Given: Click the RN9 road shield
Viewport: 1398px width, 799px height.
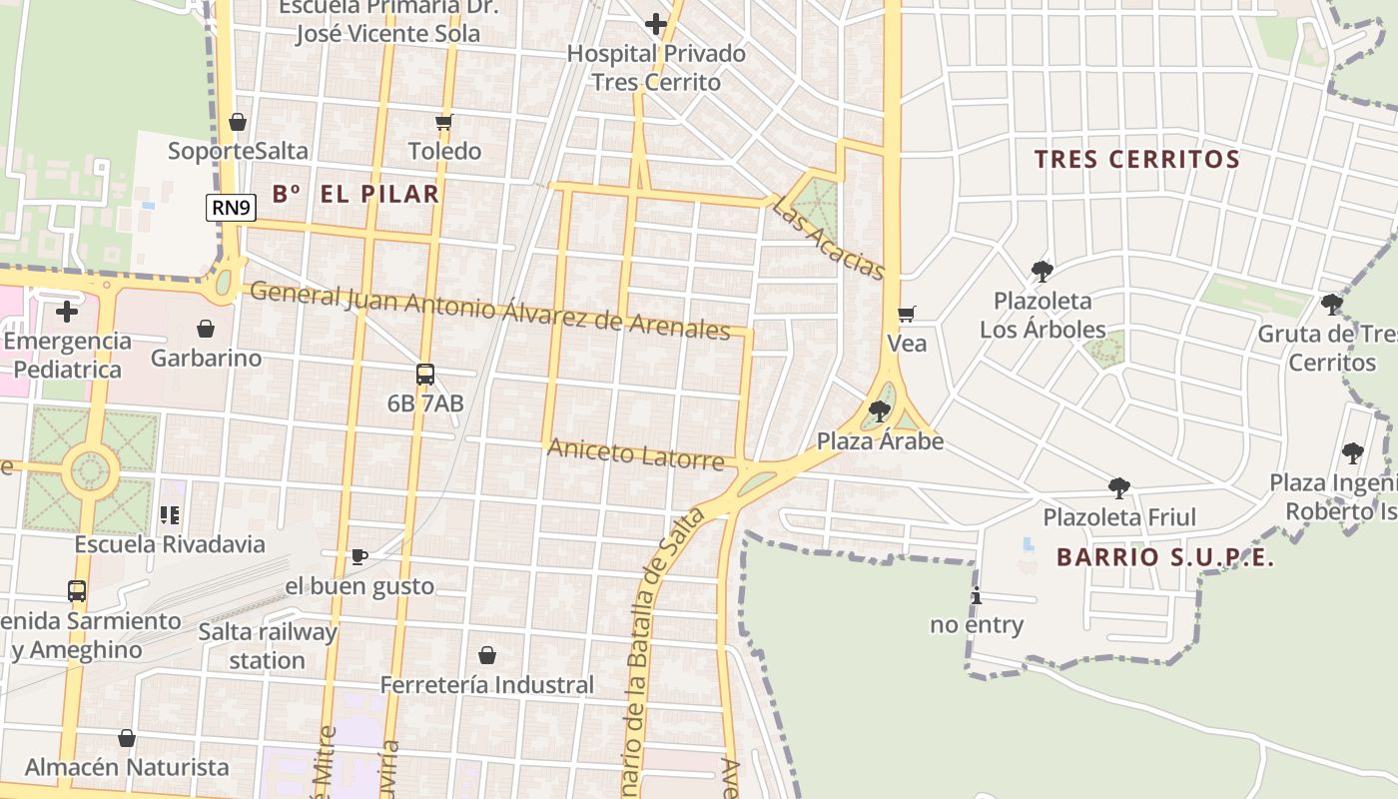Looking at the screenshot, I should (232, 208).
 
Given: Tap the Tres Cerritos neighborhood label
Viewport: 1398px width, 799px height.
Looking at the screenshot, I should (1136, 159).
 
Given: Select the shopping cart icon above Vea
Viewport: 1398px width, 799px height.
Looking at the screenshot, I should (907, 315).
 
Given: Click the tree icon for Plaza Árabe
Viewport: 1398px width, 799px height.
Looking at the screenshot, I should (880, 410).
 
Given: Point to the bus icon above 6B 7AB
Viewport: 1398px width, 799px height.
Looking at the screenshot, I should (425, 375).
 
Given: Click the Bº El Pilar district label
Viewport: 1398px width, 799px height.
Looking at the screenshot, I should (355, 194).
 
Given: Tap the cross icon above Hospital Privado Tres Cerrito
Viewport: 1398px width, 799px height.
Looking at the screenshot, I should (656, 24).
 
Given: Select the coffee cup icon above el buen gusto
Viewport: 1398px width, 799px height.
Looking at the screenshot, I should (359, 556).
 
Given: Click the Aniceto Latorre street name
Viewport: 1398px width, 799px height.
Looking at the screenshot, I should (635, 454).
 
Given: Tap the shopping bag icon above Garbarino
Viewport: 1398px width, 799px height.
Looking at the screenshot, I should (206, 329).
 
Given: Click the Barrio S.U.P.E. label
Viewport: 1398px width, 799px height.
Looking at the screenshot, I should (1165, 557).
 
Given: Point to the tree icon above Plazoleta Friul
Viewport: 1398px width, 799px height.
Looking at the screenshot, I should (1119, 488).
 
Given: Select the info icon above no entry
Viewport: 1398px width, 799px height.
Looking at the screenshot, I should (977, 596).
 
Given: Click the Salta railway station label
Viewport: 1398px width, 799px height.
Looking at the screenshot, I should (268, 645).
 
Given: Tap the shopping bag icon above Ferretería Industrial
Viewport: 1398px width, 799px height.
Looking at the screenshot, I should (487, 655).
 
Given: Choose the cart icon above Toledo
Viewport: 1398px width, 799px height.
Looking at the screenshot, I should (444, 122).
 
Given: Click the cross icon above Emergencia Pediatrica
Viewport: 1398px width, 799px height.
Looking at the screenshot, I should (67, 312).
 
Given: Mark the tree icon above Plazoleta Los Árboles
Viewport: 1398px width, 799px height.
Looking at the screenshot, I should (1043, 271).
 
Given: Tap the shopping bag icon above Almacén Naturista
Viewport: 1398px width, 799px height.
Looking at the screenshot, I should (127, 738).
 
